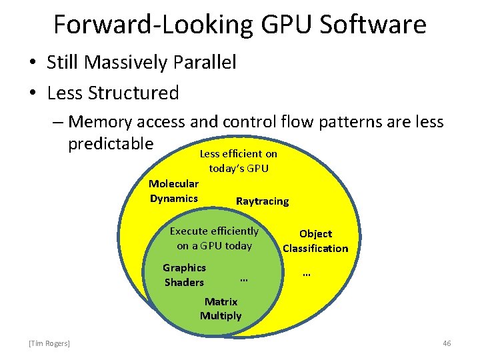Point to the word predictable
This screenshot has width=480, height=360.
coord(111,143)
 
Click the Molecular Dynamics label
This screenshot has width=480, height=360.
coord(173,191)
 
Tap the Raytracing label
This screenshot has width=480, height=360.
coord(263,201)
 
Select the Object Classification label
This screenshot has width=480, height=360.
coord(315,241)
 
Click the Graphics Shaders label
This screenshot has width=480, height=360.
coord(184,275)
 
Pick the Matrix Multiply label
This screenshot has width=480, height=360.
coord(221,309)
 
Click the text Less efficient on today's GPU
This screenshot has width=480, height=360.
coord(239,161)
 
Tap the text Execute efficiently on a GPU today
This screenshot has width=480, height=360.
coord(214,238)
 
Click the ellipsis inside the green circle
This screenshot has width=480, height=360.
coord(243,278)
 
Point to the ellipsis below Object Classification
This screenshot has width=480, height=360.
coord(307,273)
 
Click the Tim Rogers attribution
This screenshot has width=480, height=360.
coord(49,343)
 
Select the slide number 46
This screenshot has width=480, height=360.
coord(447,343)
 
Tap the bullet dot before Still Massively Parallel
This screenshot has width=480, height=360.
coord(31,63)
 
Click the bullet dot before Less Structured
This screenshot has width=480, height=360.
coord(31,93)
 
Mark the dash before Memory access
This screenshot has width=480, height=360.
coord(58,122)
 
